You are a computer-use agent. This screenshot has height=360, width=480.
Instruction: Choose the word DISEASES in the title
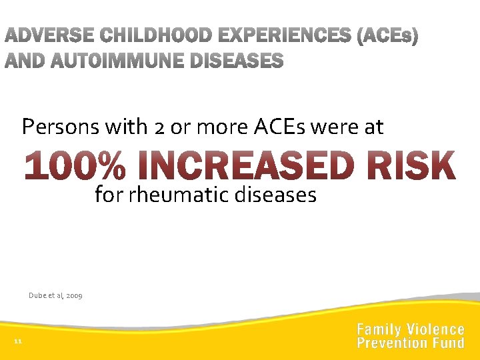tap(237, 62)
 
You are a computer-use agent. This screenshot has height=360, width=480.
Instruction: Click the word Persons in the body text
tap(55, 127)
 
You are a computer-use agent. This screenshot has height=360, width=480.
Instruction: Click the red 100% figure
tap(74, 167)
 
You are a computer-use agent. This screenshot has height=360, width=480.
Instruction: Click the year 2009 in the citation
tap(74, 295)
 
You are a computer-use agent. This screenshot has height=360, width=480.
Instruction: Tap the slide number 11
tap(18, 342)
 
